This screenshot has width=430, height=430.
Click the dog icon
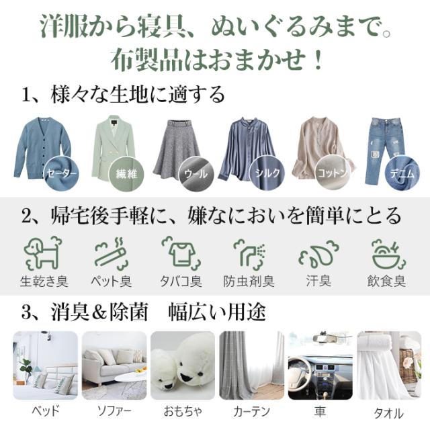pyautogui.click(x=42, y=252)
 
